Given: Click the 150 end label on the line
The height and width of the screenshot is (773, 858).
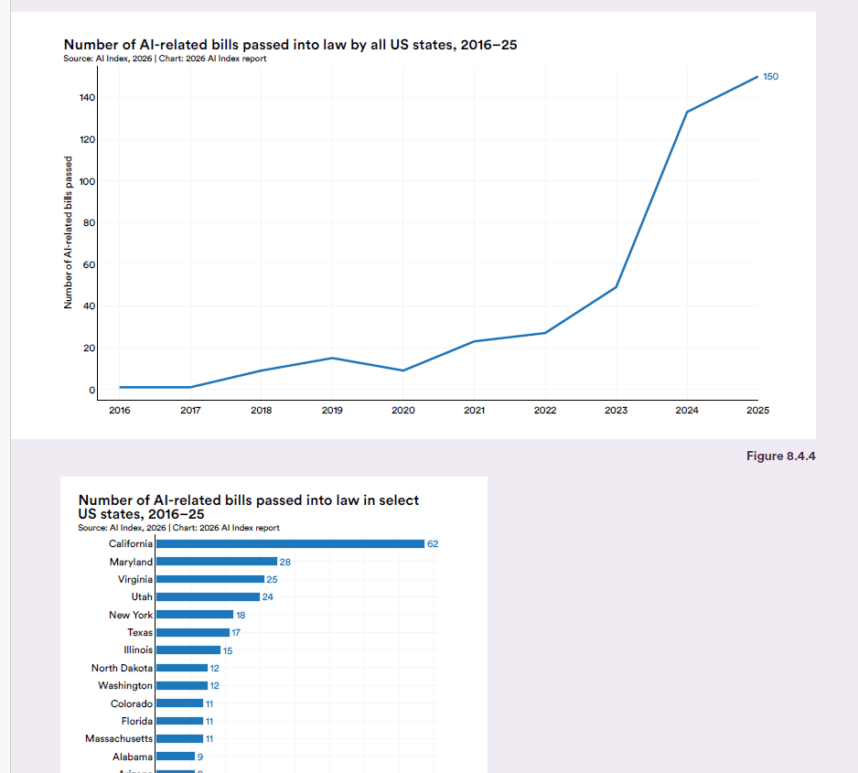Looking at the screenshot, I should click(770, 77).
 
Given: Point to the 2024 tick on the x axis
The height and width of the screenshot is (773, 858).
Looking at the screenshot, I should click(687, 411).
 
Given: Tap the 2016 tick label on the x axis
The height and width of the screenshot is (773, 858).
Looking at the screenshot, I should click(119, 411).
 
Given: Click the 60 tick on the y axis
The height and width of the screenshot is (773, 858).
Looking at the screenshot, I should click(90, 264).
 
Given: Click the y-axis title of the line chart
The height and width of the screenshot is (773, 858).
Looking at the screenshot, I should click(68, 232).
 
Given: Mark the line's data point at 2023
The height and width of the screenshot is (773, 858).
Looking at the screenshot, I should click(616, 287).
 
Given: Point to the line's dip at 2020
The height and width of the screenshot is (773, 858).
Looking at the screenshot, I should click(403, 370).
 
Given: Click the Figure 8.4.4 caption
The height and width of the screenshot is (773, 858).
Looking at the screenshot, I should click(780, 456).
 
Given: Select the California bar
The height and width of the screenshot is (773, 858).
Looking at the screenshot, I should click(290, 543).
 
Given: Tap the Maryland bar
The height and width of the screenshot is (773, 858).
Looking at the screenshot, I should click(216, 562).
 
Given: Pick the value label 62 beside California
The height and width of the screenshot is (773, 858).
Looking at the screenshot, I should click(433, 544).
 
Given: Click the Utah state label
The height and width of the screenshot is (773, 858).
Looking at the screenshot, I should click(142, 597).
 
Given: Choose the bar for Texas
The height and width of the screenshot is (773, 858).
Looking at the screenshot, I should click(192, 632).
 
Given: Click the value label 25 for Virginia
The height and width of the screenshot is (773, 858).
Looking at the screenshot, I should click(272, 580).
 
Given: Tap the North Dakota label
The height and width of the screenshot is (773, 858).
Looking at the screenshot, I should click(122, 668).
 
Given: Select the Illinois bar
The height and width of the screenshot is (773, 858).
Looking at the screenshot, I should click(188, 650).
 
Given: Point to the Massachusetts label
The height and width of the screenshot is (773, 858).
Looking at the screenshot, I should click(119, 738).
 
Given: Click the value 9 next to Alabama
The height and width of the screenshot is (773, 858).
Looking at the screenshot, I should click(200, 757).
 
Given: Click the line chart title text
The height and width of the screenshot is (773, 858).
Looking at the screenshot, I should click(290, 44).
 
